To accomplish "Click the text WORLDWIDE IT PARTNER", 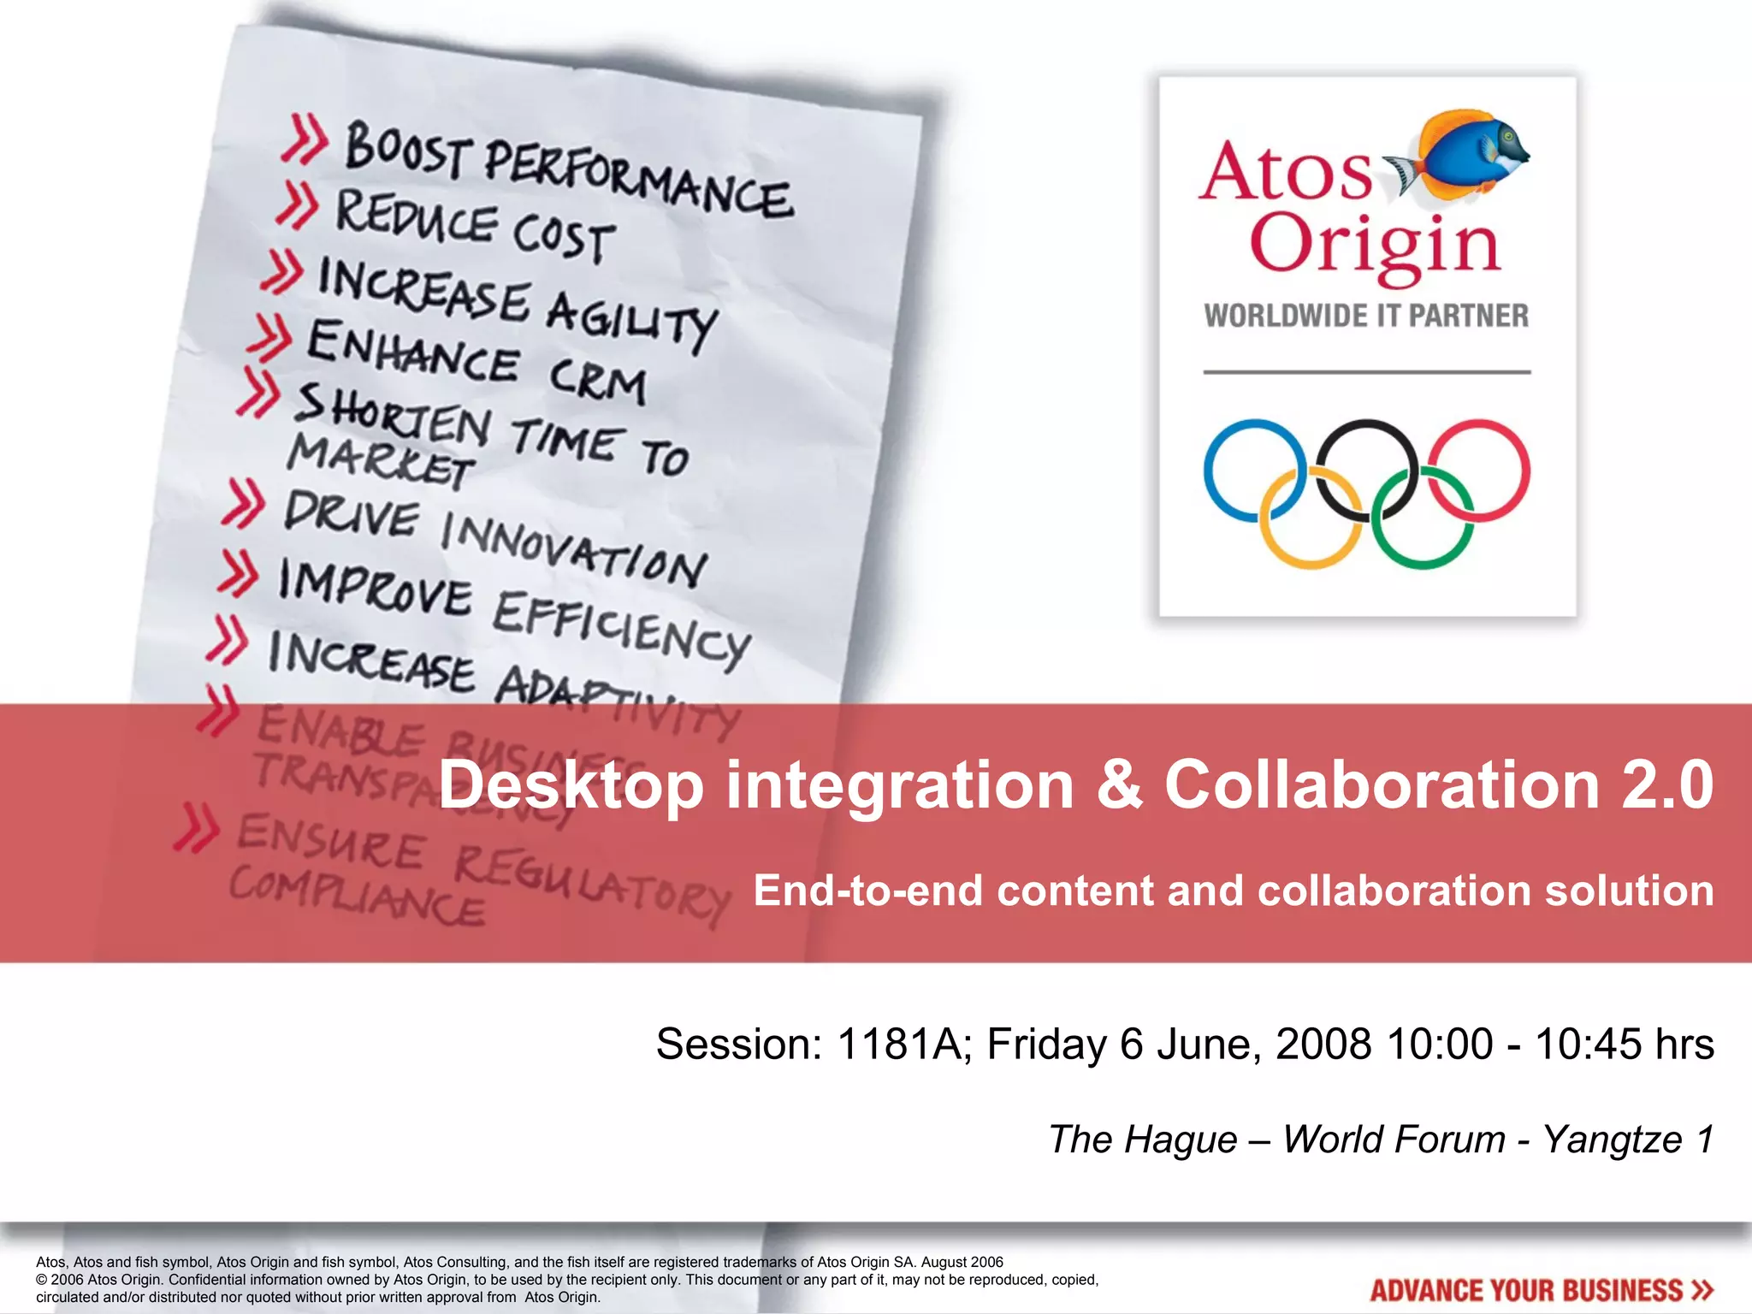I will tap(1366, 316).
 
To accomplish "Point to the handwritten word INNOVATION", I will tap(573, 550).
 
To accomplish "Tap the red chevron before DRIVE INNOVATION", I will tap(243, 504).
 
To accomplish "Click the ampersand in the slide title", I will tap(1119, 784).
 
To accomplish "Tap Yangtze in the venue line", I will tap(1612, 1139).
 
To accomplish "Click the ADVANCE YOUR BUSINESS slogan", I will tap(1540, 1290).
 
